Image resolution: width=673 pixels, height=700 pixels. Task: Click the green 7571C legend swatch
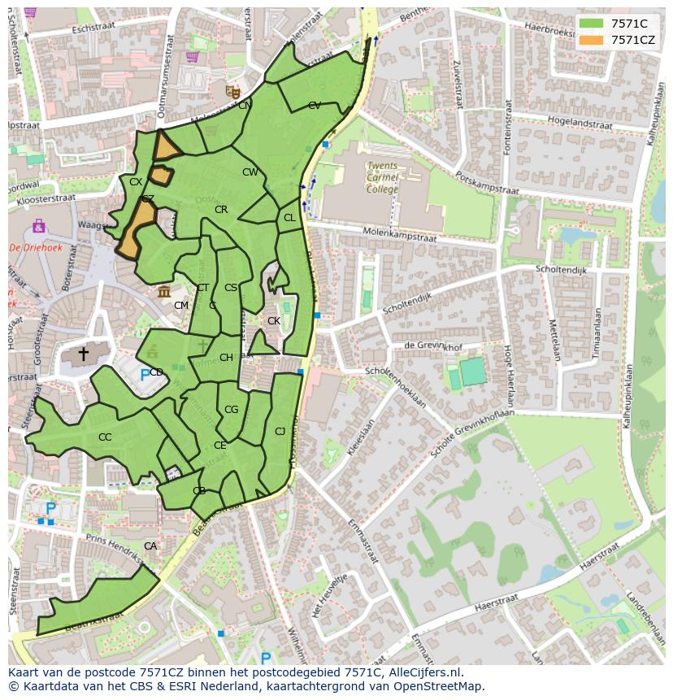click(x=592, y=24)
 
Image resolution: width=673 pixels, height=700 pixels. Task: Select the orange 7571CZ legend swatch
click(x=592, y=39)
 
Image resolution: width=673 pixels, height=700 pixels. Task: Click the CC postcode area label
click(x=105, y=437)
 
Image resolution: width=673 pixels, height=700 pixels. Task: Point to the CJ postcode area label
click(x=280, y=432)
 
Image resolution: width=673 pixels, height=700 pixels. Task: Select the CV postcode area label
click(x=315, y=106)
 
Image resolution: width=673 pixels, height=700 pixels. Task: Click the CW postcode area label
click(x=250, y=172)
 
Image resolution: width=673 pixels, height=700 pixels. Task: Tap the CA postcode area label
click(x=150, y=546)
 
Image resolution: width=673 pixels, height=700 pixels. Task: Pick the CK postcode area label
click(x=274, y=321)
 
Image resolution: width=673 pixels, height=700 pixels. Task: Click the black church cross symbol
click(x=83, y=354)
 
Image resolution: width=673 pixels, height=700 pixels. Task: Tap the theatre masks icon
click(x=232, y=93)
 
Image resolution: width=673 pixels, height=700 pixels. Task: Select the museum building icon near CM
click(x=164, y=291)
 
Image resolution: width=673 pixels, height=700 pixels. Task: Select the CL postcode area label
click(x=289, y=218)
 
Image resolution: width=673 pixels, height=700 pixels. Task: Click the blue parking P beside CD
click(x=145, y=375)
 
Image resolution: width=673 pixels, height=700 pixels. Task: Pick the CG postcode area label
click(x=231, y=410)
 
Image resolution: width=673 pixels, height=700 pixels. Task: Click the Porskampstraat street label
click(x=488, y=183)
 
